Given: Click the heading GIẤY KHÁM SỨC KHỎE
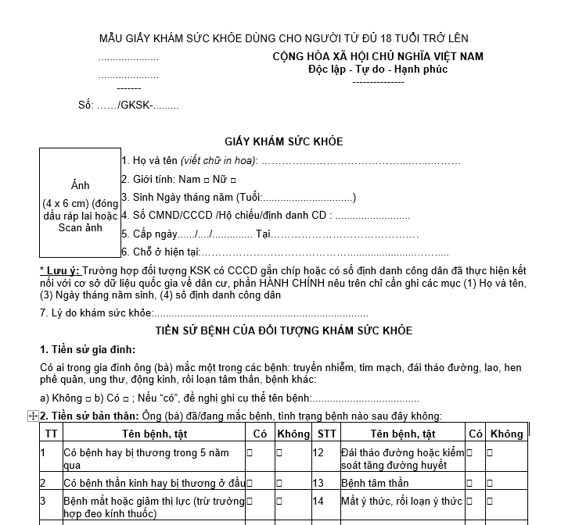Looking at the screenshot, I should coord(283,141).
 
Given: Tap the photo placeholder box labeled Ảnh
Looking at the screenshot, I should coord(80,202).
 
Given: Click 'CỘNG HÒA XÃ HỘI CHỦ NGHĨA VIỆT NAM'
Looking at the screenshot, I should coord(378,56).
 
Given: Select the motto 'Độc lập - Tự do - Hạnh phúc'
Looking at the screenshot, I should coord(378,69).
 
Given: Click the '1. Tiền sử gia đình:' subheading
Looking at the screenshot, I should coord(88,348).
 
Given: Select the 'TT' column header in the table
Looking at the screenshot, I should coord(51,434).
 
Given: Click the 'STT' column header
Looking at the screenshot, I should coord(325,434).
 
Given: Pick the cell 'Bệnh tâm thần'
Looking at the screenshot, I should coord(375,483).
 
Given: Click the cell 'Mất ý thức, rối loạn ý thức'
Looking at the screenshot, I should coord(401,501).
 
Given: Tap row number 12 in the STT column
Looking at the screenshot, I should coord(318,452).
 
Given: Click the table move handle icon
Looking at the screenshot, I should coord(33,416).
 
